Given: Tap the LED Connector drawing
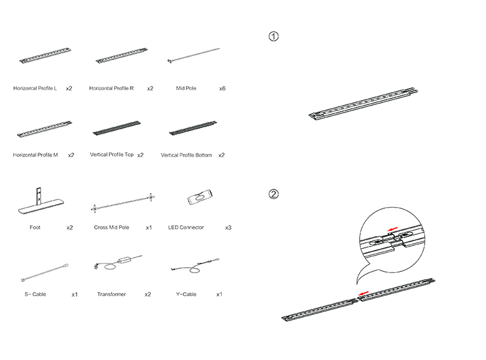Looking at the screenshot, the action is (200, 197).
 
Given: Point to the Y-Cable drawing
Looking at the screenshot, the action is (195, 265).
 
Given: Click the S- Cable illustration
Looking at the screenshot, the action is (44, 273).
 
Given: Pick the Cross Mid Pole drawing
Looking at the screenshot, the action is (123, 203).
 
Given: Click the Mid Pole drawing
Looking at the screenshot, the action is (193, 55).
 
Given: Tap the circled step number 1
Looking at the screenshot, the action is (273, 36).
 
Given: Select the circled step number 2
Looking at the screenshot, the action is (273, 194).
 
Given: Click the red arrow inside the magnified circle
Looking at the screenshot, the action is (392, 229).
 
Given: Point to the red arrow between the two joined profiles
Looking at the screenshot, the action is (363, 293).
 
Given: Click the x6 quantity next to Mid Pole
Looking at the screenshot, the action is (222, 89).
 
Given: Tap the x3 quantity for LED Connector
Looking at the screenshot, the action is (228, 228).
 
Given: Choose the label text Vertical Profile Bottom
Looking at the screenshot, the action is (187, 155).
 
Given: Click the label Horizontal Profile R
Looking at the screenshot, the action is (111, 88).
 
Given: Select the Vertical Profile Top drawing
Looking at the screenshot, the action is (117, 128).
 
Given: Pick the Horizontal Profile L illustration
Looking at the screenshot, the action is (45, 56).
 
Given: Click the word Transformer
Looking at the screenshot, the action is (111, 294).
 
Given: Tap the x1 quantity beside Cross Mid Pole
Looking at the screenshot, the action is (149, 228).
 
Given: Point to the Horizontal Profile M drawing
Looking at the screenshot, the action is (44, 129).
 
